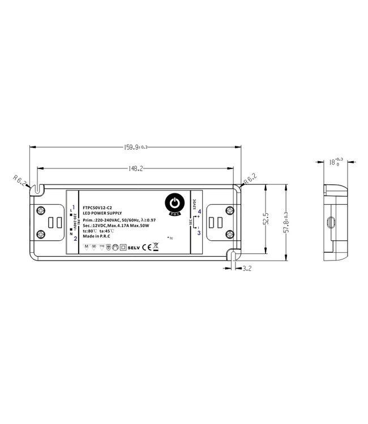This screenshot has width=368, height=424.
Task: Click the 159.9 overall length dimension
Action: [x=135, y=148]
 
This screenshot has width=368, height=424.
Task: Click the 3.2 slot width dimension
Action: [x=247, y=269]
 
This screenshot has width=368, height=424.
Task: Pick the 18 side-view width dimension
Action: [x=334, y=162]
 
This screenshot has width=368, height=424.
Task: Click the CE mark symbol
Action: [x=145, y=246]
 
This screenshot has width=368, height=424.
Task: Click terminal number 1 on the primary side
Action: [x=75, y=207]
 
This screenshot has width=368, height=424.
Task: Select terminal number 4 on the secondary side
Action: [x=199, y=211]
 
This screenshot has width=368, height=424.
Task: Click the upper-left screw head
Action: [x=41, y=211]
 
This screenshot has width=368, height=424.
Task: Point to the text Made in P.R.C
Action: [x=97, y=236]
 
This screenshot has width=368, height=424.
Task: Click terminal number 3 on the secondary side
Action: [x=199, y=232]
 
